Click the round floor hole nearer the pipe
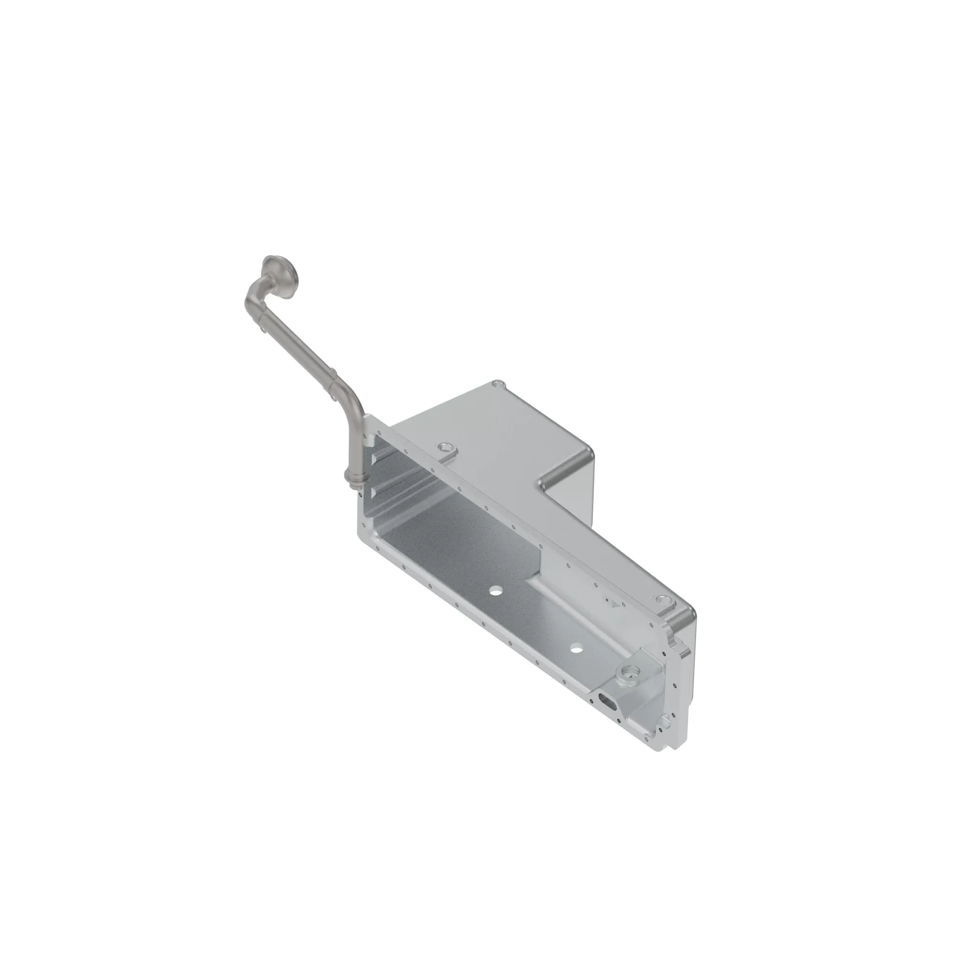tap(495, 591)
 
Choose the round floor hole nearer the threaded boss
tap(577, 648)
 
